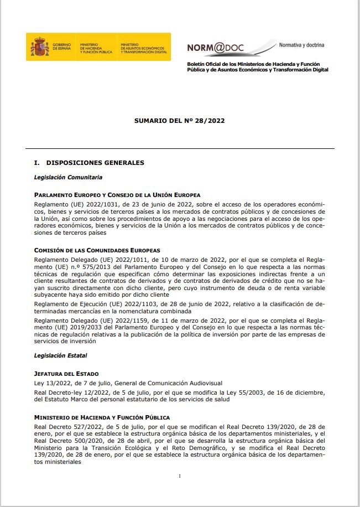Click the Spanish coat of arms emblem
pyautogui.click(x=40, y=47)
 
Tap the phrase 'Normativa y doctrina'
pyautogui.click(x=301, y=44)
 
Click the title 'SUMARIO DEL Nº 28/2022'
pyautogui.click(x=179, y=120)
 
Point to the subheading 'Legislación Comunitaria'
pyautogui.click(x=68, y=178)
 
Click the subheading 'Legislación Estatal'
pyautogui.click(x=61, y=355)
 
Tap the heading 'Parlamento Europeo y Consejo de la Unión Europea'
pyautogui.click(x=117, y=195)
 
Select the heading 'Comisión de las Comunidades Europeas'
pyautogui.click(x=97, y=251)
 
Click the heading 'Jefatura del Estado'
pyautogui.click(x=66, y=374)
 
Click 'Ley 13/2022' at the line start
pyautogui.click(x=51, y=383)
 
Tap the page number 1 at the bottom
pyautogui.click(x=180, y=476)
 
